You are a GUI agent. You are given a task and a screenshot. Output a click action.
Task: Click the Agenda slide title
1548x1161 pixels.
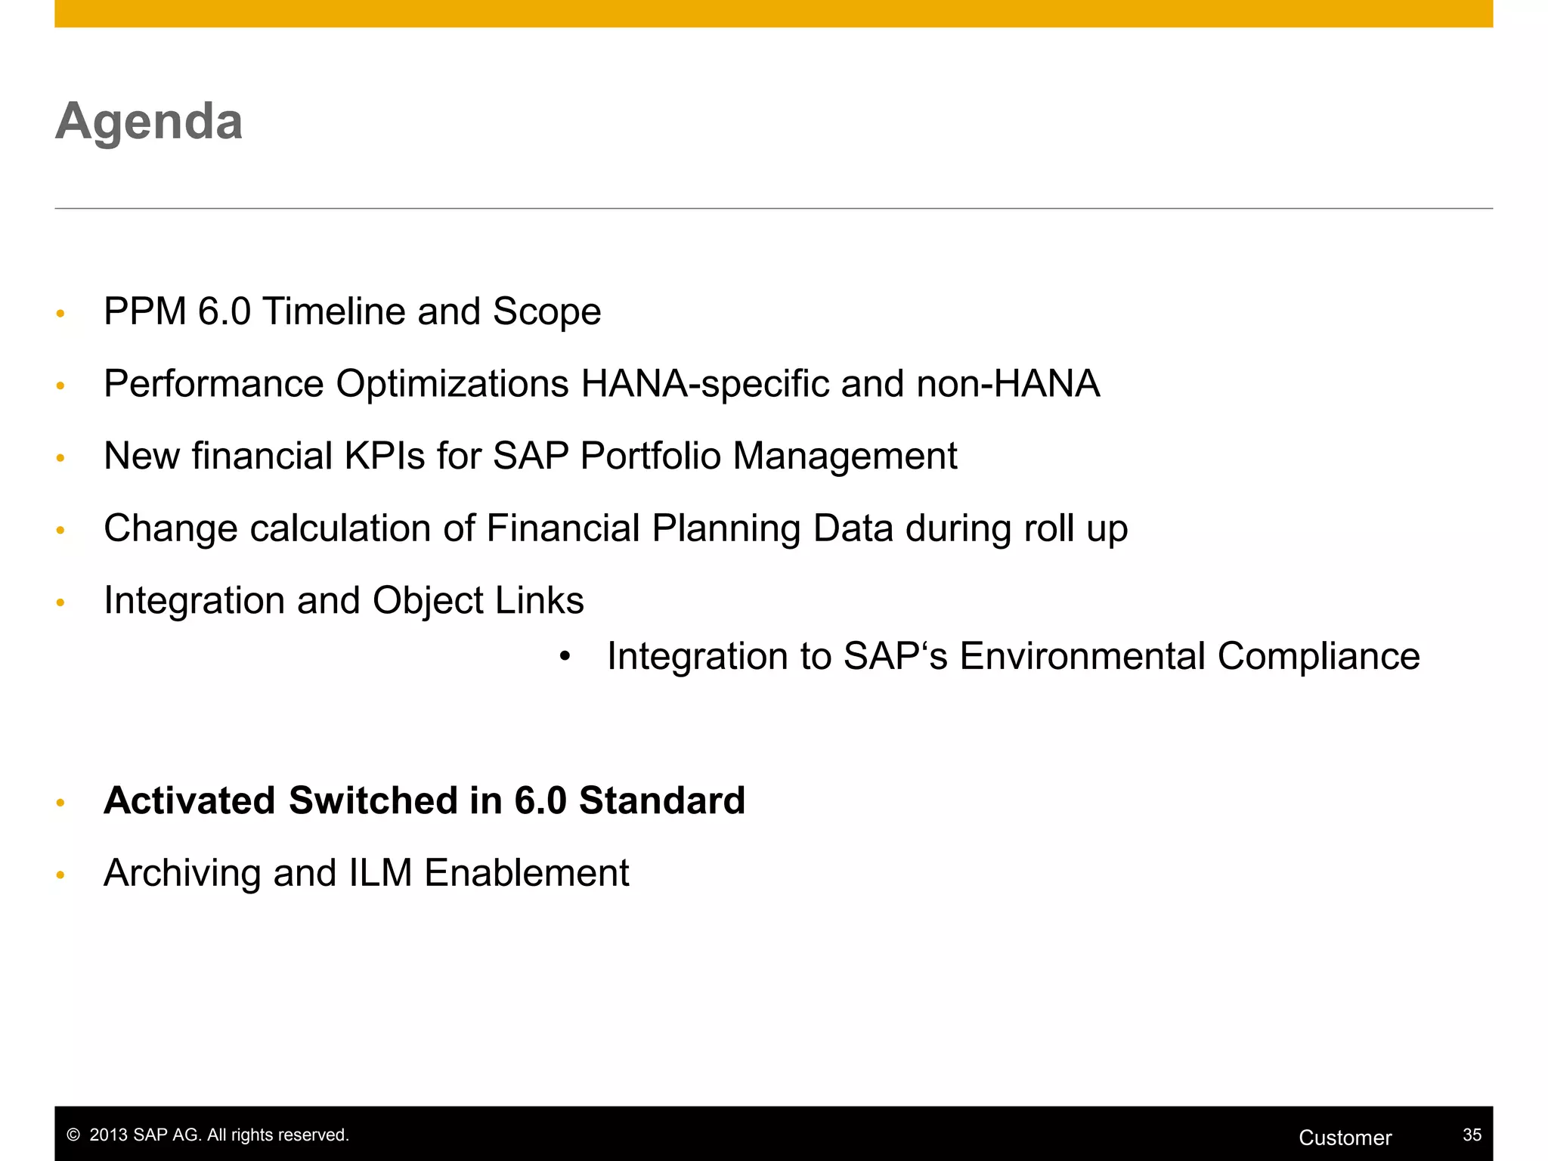149,122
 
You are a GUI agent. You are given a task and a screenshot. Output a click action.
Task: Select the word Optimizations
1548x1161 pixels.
452,383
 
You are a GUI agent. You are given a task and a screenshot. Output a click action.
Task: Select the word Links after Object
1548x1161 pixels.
540,601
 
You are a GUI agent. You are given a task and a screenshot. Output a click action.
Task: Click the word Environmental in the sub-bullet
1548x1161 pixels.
1082,656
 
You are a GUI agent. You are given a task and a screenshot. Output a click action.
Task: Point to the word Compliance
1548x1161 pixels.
1318,656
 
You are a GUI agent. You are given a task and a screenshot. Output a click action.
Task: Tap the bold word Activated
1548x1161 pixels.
190,800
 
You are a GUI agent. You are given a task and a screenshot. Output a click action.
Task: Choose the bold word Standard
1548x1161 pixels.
661,800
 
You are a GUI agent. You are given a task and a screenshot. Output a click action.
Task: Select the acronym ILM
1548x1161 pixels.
380,873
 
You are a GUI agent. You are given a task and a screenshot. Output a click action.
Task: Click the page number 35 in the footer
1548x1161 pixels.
1472,1135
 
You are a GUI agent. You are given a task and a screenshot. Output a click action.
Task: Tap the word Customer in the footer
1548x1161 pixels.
1345,1138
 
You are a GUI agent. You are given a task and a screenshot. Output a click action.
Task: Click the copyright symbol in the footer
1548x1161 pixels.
73,1135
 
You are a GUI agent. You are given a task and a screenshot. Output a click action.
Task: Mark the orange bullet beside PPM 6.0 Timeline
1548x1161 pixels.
60,314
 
